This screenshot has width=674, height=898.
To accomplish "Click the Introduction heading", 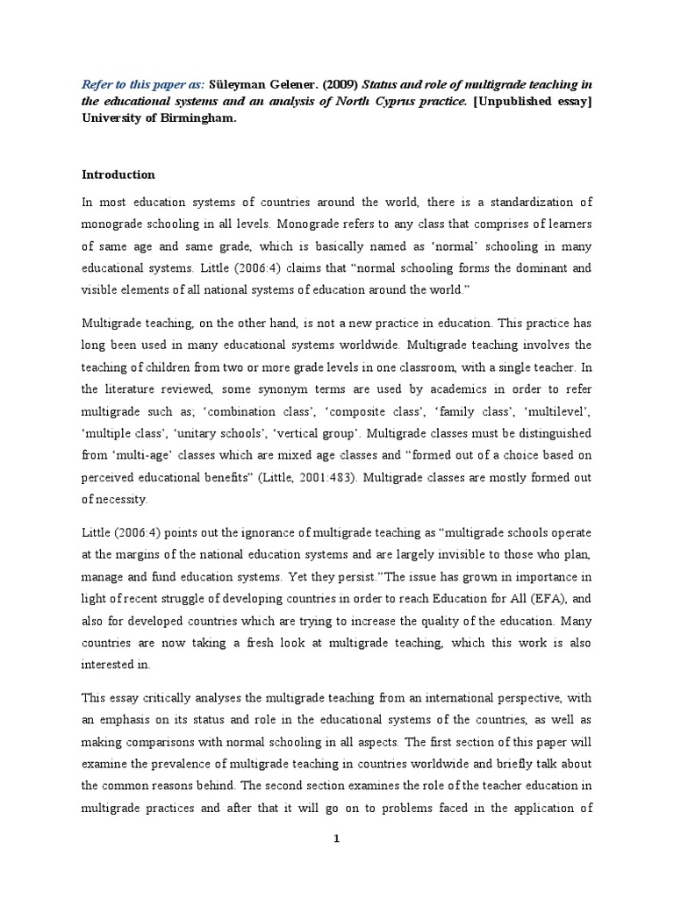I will (x=118, y=175).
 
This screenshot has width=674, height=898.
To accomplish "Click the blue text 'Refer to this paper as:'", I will (x=142, y=84).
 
